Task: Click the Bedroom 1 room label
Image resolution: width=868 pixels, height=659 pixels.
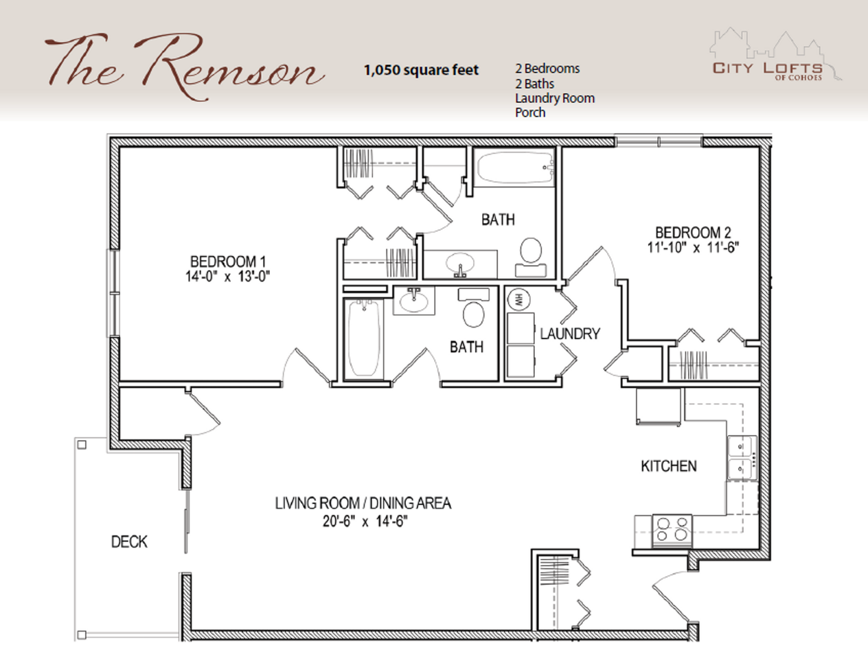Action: tap(228, 262)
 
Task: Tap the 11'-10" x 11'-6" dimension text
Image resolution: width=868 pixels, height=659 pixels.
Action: tap(693, 248)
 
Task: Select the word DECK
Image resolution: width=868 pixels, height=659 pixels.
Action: tap(129, 542)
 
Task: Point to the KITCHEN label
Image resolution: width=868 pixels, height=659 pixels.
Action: tap(669, 466)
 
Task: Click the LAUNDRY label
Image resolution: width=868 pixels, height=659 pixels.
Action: tap(570, 334)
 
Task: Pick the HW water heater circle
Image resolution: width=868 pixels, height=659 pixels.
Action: tap(518, 299)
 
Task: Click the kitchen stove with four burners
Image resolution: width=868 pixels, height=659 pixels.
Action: tap(672, 531)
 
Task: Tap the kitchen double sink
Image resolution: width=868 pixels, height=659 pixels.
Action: tap(742, 458)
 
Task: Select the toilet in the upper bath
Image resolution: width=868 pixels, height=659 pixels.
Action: tap(531, 257)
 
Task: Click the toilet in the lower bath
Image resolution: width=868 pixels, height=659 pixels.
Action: tap(473, 308)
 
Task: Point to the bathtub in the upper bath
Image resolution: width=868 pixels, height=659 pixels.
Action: tap(515, 167)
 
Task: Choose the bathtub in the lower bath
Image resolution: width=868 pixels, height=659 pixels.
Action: tap(364, 339)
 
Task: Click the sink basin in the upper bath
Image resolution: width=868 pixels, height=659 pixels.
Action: tap(460, 263)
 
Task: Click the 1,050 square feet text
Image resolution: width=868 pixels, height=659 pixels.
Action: tap(421, 70)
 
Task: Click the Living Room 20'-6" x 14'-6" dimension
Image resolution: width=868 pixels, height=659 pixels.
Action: tap(365, 522)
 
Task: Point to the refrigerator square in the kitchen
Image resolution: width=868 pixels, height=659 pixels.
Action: tap(659, 406)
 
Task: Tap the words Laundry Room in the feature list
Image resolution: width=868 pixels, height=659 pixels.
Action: tap(555, 98)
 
